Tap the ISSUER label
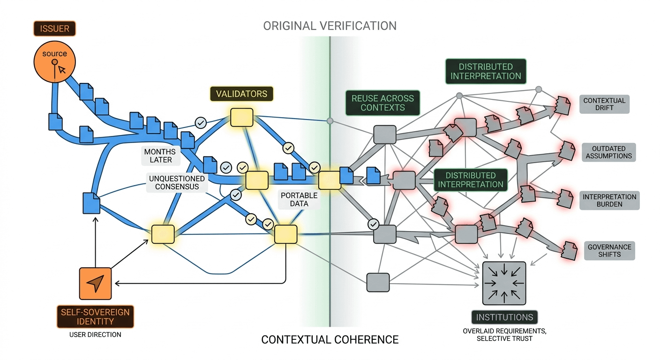click(55, 29)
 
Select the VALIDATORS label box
click(241, 94)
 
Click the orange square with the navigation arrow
click(96, 283)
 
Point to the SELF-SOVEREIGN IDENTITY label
click(95, 317)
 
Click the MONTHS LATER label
click(160, 156)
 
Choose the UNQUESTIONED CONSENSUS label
click(177, 183)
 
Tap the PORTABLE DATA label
click(299, 199)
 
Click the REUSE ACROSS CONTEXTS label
click(383, 103)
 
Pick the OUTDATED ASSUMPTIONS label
click(609, 152)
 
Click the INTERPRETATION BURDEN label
click(609, 201)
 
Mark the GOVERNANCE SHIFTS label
click(609, 251)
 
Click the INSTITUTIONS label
click(504, 317)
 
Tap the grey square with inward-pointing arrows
click(504, 283)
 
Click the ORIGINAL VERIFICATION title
click(330, 26)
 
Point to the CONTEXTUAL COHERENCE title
click(330, 339)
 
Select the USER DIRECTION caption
click(95, 335)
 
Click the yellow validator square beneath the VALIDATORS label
click(241, 117)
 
